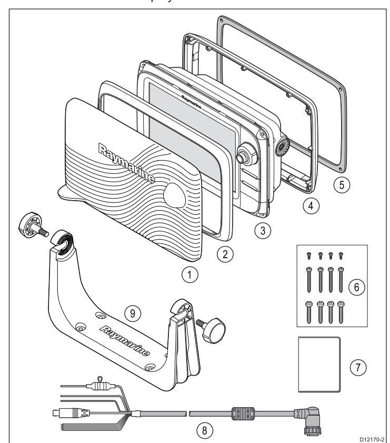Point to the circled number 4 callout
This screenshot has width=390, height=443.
[313, 206]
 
